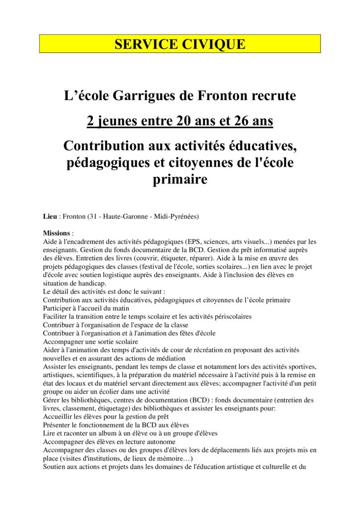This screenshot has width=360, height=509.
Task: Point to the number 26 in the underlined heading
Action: pyautogui.click(x=222, y=121)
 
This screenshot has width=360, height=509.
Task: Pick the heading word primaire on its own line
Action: pyautogui.click(x=180, y=179)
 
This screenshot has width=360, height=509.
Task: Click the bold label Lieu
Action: pyautogui.click(x=51, y=217)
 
